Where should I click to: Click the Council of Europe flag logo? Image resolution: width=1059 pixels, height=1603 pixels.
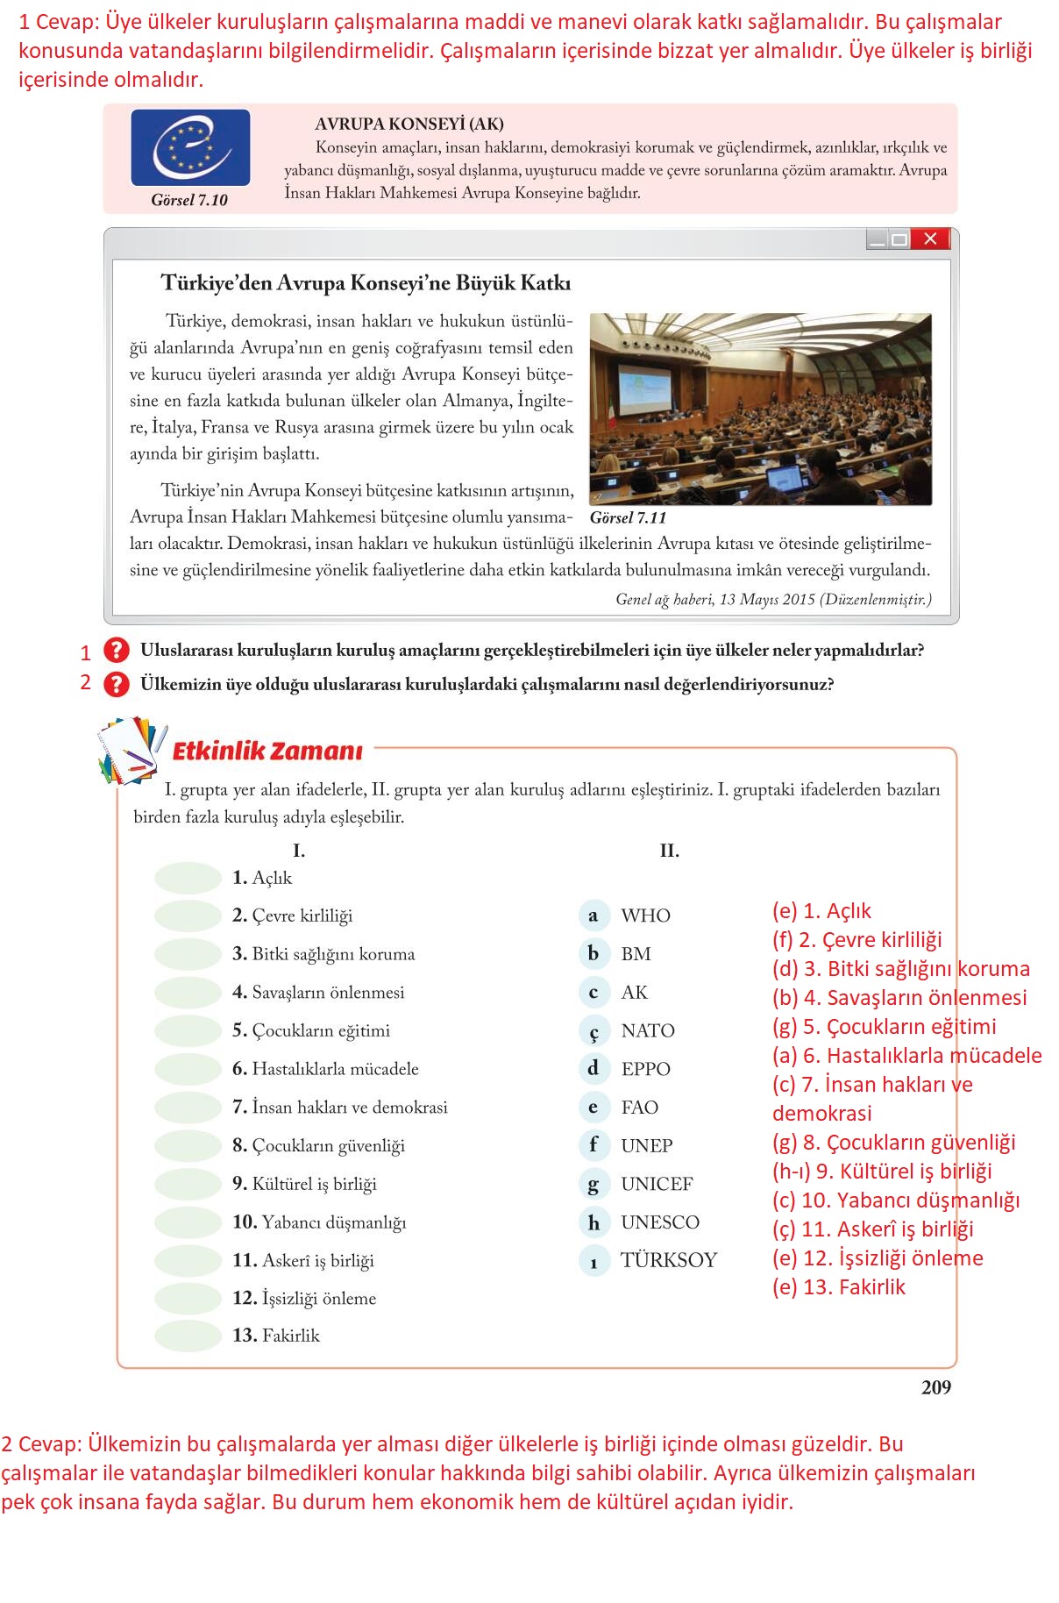[x=190, y=147]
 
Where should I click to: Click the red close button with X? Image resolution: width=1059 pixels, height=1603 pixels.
[x=930, y=239]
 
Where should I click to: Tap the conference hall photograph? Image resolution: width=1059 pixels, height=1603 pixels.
[x=760, y=409]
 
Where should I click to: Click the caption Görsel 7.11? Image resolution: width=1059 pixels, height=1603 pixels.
[x=628, y=518]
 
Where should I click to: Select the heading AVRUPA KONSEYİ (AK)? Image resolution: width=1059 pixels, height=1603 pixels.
[x=409, y=125]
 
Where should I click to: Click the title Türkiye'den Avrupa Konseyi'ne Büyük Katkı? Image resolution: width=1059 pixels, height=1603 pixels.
[x=366, y=283]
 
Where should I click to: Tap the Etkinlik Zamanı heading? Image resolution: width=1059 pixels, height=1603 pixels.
[x=267, y=752]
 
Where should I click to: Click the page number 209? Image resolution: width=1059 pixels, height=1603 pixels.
[x=935, y=1387]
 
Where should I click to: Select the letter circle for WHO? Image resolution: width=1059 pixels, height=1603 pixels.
[x=593, y=915]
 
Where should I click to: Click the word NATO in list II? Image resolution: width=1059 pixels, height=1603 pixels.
[x=648, y=1030]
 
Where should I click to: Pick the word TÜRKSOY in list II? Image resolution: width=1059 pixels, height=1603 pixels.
[x=668, y=1260]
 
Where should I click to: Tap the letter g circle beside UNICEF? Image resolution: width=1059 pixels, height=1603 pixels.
[x=593, y=1184]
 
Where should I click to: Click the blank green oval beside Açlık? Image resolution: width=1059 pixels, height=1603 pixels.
[x=188, y=878]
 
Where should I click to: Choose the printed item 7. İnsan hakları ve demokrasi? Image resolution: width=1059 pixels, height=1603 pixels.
[x=340, y=1108]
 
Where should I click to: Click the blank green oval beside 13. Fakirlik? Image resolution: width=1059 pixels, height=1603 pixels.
[x=188, y=1336]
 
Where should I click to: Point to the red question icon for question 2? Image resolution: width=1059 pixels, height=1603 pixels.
[x=116, y=684]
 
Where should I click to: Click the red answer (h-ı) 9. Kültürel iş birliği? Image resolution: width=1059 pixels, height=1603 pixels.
[x=882, y=1172]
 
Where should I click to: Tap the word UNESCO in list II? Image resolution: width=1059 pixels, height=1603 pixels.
[x=659, y=1222]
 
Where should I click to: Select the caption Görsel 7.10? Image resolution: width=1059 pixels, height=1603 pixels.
[x=189, y=200]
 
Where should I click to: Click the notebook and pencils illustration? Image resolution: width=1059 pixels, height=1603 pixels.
[x=131, y=751]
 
